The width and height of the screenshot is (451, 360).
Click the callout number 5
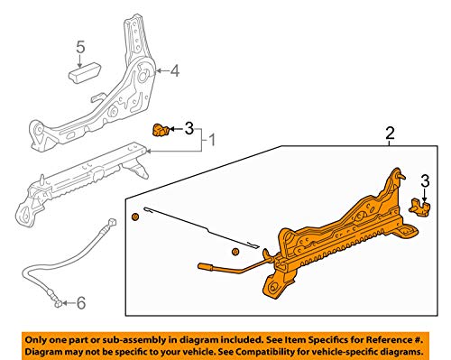coord(80,47)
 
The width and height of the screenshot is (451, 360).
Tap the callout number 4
coord(175,71)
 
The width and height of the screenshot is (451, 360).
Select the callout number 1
coord(212,140)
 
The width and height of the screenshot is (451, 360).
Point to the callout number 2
coord(390,133)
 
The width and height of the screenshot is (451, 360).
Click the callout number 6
coord(81,302)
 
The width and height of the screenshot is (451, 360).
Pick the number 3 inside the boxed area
coord(425,181)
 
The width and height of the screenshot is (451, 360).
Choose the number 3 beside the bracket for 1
coord(189,129)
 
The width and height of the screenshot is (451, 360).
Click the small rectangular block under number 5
coord(85,72)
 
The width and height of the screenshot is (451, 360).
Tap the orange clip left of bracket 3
coord(160,130)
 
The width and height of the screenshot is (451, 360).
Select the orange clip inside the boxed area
coord(419,207)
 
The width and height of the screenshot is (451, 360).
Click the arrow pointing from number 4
coord(162,71)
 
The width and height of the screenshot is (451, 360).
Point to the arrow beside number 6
coord(68,303)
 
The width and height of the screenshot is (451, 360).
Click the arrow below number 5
coord(79,61)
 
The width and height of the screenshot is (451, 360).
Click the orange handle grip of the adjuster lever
coord(206,266)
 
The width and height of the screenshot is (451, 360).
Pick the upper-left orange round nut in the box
coord(135,217)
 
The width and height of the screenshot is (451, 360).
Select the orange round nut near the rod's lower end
coord(235,252)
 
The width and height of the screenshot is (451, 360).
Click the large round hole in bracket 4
coord(143,75)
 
